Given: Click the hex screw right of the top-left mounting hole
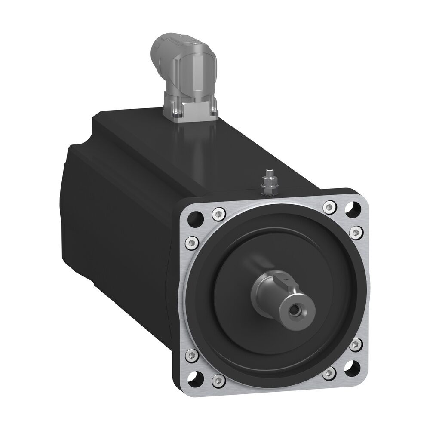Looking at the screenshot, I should click(x=218, y=212).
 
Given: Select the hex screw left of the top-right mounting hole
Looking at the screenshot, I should click(x=330, y=207).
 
